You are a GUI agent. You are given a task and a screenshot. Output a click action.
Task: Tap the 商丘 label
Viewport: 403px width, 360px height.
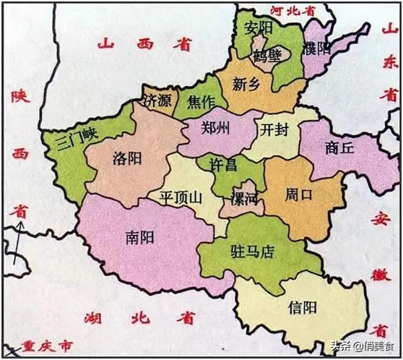click(340, 148)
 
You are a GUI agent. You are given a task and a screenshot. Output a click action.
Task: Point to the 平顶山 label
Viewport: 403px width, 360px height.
click(182, 197)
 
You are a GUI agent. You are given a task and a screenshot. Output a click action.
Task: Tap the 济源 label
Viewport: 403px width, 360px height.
click(157, 100)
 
